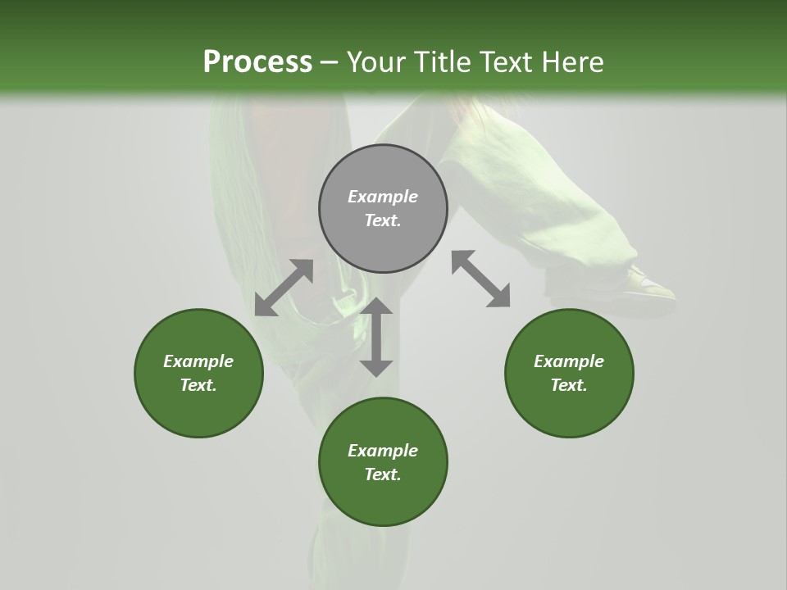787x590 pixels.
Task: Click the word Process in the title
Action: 257,62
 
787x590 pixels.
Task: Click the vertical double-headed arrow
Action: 376,337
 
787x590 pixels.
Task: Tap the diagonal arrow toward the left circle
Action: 284,288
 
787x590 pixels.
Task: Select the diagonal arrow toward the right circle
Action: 480,279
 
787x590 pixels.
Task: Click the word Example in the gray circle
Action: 383,197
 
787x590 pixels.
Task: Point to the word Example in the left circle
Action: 198,361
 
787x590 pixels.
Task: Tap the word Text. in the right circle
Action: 569,385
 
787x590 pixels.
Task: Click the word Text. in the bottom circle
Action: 383,474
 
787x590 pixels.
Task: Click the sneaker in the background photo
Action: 648,283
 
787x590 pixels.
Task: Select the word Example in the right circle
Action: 569,361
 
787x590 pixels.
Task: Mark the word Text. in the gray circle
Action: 383,220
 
